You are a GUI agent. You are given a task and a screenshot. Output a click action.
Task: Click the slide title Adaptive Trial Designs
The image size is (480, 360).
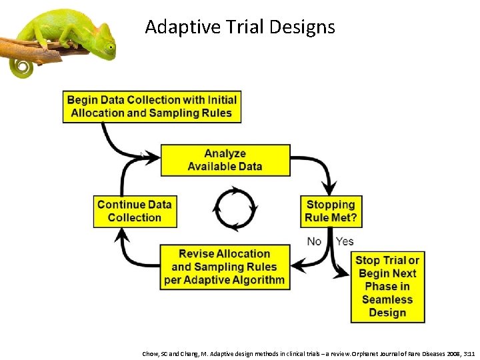240,27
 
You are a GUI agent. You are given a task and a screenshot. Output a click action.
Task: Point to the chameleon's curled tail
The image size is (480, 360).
21,67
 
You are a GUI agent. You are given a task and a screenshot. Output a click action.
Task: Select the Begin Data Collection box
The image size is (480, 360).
151,106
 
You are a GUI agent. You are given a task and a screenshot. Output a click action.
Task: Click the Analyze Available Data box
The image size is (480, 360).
225,160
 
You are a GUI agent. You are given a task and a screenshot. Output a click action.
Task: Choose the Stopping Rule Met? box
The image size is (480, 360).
331,211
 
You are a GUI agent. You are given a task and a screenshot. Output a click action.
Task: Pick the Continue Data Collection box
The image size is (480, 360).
135,211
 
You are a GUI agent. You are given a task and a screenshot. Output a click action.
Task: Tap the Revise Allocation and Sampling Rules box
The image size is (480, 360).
225,267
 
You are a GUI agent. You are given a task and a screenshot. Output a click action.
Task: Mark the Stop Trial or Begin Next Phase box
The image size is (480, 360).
387,287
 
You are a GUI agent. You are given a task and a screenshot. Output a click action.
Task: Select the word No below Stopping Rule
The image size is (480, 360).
314,241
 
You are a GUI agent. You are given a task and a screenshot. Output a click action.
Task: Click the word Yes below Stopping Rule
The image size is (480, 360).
345,241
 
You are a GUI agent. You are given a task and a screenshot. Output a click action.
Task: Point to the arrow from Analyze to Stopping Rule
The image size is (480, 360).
319,167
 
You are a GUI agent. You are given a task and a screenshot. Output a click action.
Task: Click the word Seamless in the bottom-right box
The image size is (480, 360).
387,299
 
